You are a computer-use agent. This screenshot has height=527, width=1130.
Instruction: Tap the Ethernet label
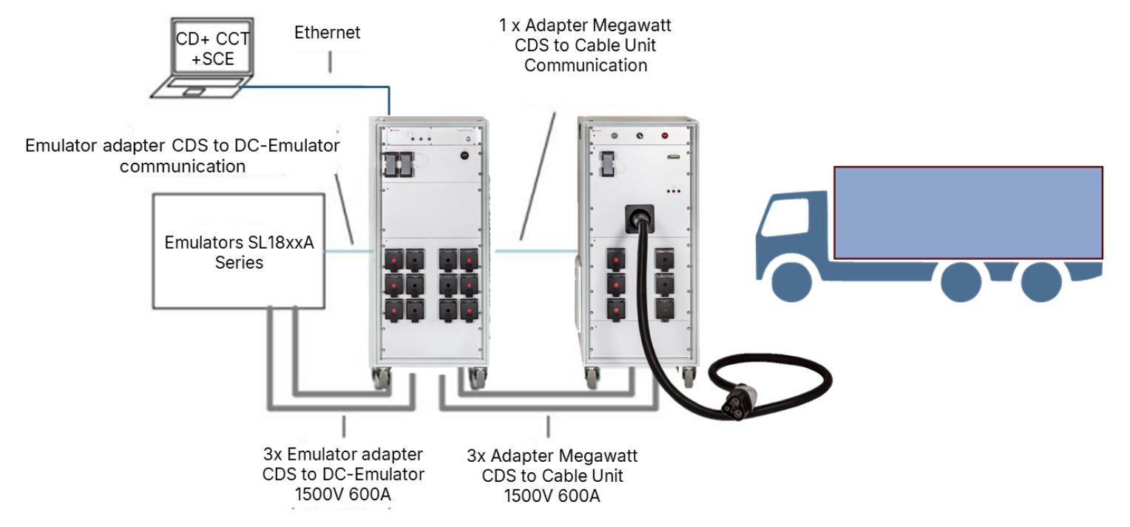(328, 33)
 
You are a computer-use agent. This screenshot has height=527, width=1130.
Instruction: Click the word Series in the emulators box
(239, 263)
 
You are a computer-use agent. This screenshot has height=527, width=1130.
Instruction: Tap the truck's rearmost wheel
(1041, 281)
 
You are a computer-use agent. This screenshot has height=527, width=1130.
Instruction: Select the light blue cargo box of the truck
(968, 212)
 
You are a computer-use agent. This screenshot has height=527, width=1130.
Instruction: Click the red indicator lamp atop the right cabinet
(664, 135)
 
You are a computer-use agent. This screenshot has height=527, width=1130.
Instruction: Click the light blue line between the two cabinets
(532, 251)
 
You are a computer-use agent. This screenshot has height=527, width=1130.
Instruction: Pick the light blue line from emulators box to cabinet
(349, 251)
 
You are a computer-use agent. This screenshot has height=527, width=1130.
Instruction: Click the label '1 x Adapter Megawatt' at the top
(585, 26)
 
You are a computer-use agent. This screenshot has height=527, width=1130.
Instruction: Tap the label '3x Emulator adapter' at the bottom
(343, 454)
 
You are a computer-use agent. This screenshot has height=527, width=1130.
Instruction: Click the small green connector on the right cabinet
(672, 156)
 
